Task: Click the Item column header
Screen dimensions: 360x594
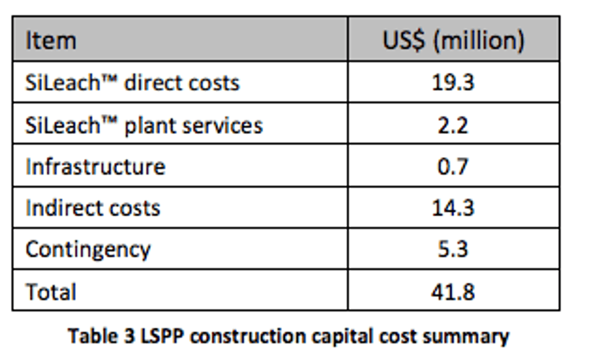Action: pos(51,41)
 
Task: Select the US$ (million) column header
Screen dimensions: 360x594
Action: pos(453,41)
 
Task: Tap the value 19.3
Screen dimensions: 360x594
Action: pos(453,82)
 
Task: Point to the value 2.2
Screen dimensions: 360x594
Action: pos(453,125)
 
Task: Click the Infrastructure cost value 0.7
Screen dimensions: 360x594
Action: pos(453,167)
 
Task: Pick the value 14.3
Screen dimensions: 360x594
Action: pos(453,208)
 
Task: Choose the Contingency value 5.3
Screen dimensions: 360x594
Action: pos(453,250)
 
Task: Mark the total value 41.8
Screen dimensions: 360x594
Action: pos(453,292)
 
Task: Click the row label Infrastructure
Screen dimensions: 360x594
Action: pos(95,167)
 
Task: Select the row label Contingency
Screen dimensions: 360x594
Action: pos(88,250)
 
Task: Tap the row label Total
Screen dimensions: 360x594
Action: pos(51,292)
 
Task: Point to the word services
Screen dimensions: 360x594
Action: pos(224,125)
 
